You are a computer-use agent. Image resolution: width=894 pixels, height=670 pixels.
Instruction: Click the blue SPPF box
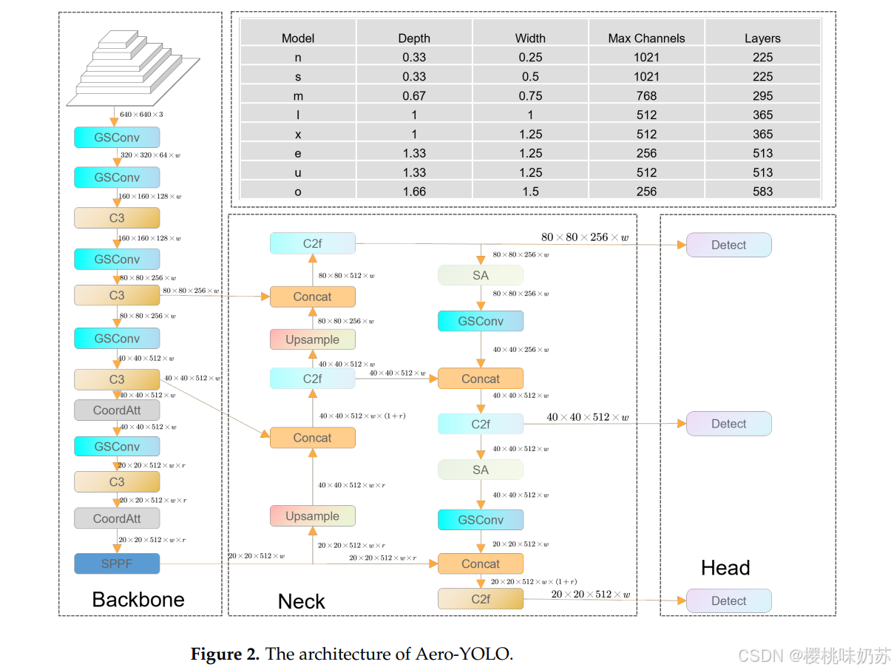tap(117, 564)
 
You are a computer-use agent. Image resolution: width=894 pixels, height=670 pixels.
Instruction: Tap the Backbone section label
tap(138, 599)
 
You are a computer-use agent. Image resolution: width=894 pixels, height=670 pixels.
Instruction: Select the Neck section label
tap(301, 601)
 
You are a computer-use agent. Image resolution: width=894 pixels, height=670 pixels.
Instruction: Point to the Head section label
tap(725, 568)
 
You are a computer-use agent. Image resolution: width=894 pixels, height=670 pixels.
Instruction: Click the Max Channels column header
tap(646, 38)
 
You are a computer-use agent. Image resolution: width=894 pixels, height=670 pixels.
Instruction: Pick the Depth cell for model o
tap(414, 192)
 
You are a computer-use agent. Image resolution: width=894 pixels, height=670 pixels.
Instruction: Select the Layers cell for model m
tap(762, 95)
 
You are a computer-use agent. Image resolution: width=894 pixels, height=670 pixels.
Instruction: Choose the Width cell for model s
tap(530, 76)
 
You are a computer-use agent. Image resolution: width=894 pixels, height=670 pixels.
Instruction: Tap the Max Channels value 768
tap(646, 95)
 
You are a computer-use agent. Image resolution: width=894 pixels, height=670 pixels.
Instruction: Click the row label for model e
tap(298, 153)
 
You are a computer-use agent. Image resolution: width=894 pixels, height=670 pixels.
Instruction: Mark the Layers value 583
tap(762, 192)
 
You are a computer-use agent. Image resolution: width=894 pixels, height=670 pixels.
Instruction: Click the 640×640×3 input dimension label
tap(141, 115)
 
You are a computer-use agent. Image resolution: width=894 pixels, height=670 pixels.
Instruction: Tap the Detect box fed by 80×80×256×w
tap(728, 245)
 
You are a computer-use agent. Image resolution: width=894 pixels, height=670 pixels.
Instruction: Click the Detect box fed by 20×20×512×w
tap(728, 600)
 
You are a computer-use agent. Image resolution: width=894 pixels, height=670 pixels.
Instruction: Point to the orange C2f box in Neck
tap(481, 599)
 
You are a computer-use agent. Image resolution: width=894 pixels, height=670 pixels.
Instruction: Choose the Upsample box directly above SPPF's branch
tap(312, 516)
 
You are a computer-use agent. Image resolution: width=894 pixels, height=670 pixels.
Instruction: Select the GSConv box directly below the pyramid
tap(117, 138)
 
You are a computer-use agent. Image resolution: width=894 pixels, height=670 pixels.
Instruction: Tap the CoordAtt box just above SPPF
tap(117, 518)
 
